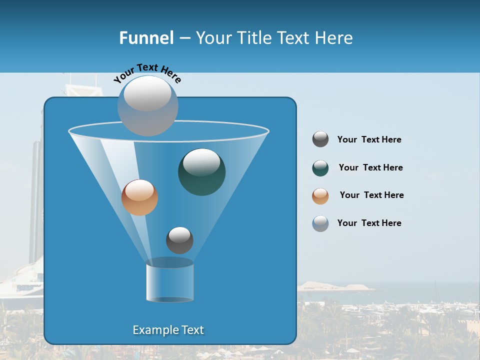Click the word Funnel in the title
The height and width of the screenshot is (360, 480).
click(146, 38)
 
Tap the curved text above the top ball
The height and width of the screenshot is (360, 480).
click(147, 72)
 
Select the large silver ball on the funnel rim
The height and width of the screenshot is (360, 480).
click(148, 105)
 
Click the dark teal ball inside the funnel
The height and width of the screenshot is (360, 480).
click(201, 172)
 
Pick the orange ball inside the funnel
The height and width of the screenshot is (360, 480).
click(139, 197)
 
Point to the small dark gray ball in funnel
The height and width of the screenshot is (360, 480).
click(179, 240)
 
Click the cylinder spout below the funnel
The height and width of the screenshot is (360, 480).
click(169, 282)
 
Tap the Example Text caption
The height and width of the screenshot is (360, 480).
click(168, 330)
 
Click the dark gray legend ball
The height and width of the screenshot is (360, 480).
click(320, 139)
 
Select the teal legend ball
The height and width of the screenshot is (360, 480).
click(320, 168)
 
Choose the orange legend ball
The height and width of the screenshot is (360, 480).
click(320, 196)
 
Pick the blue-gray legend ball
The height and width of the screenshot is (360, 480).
click(320, 223)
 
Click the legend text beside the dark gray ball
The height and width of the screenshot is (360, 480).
click(369, 139)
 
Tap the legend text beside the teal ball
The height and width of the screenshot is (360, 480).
click(370, 167)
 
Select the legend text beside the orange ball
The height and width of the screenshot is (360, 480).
click(371, 195)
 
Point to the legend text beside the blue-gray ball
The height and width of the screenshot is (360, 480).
click(369, 223)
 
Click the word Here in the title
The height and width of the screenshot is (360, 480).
click(334, 38)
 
